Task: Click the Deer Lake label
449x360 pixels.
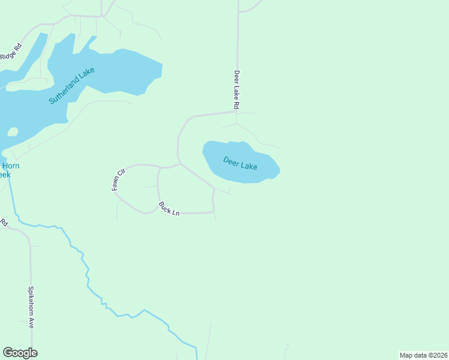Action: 240,163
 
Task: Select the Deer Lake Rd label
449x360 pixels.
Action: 237,89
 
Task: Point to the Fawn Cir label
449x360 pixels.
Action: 118,180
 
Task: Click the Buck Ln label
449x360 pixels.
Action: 169,209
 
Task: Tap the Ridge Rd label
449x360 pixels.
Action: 11,51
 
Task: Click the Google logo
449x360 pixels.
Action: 20,353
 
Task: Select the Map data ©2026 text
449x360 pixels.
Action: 423,355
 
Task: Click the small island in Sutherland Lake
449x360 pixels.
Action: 12,131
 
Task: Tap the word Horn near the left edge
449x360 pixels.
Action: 10,166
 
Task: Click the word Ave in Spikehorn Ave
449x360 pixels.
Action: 31,322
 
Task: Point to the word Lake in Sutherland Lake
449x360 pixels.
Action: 86,75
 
